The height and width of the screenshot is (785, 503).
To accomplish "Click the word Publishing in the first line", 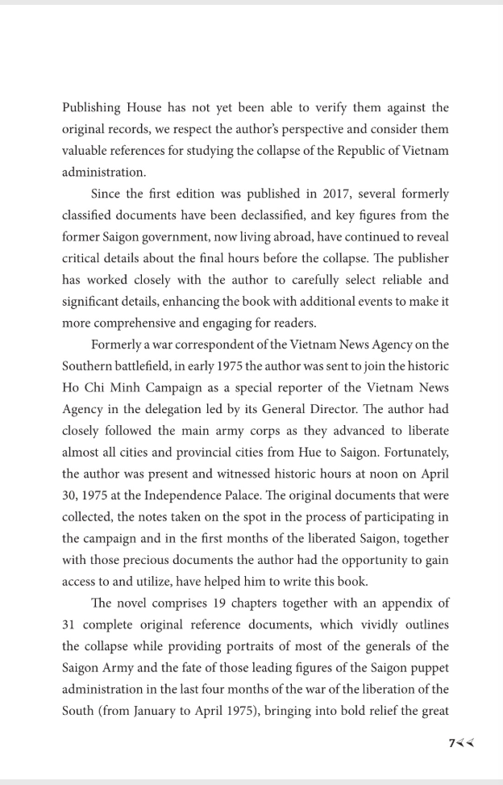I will [91, 107].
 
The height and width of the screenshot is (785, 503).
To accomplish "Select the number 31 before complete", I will [69, 624].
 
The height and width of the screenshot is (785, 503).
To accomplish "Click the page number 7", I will [452, 743].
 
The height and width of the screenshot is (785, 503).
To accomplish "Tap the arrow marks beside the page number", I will [466, 743].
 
